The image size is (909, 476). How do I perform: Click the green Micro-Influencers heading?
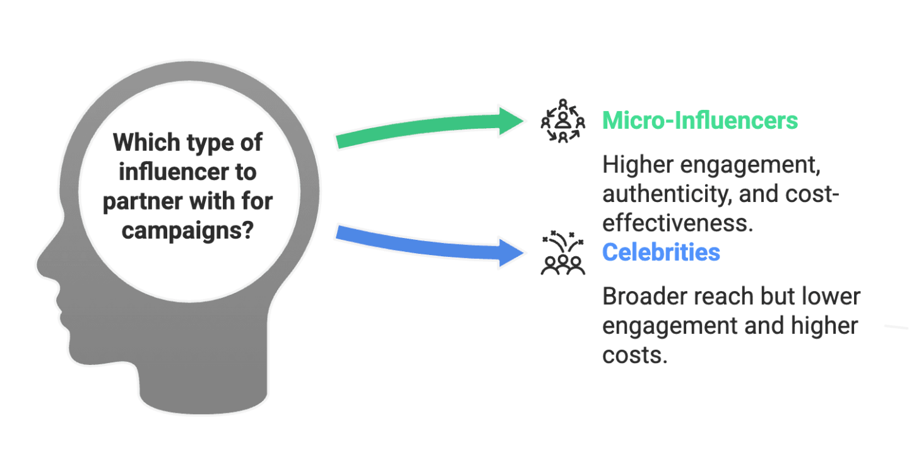click(x=699, y=120)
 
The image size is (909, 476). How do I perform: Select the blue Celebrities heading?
click(x=661, y=253)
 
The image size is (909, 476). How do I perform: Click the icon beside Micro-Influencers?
click(x=562, y=121)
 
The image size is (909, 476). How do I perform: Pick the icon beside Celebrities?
click(x=562, y=253)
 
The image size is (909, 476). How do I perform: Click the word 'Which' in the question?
click(x=145, y=142)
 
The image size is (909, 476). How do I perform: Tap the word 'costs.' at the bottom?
click(x=634, y=355)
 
